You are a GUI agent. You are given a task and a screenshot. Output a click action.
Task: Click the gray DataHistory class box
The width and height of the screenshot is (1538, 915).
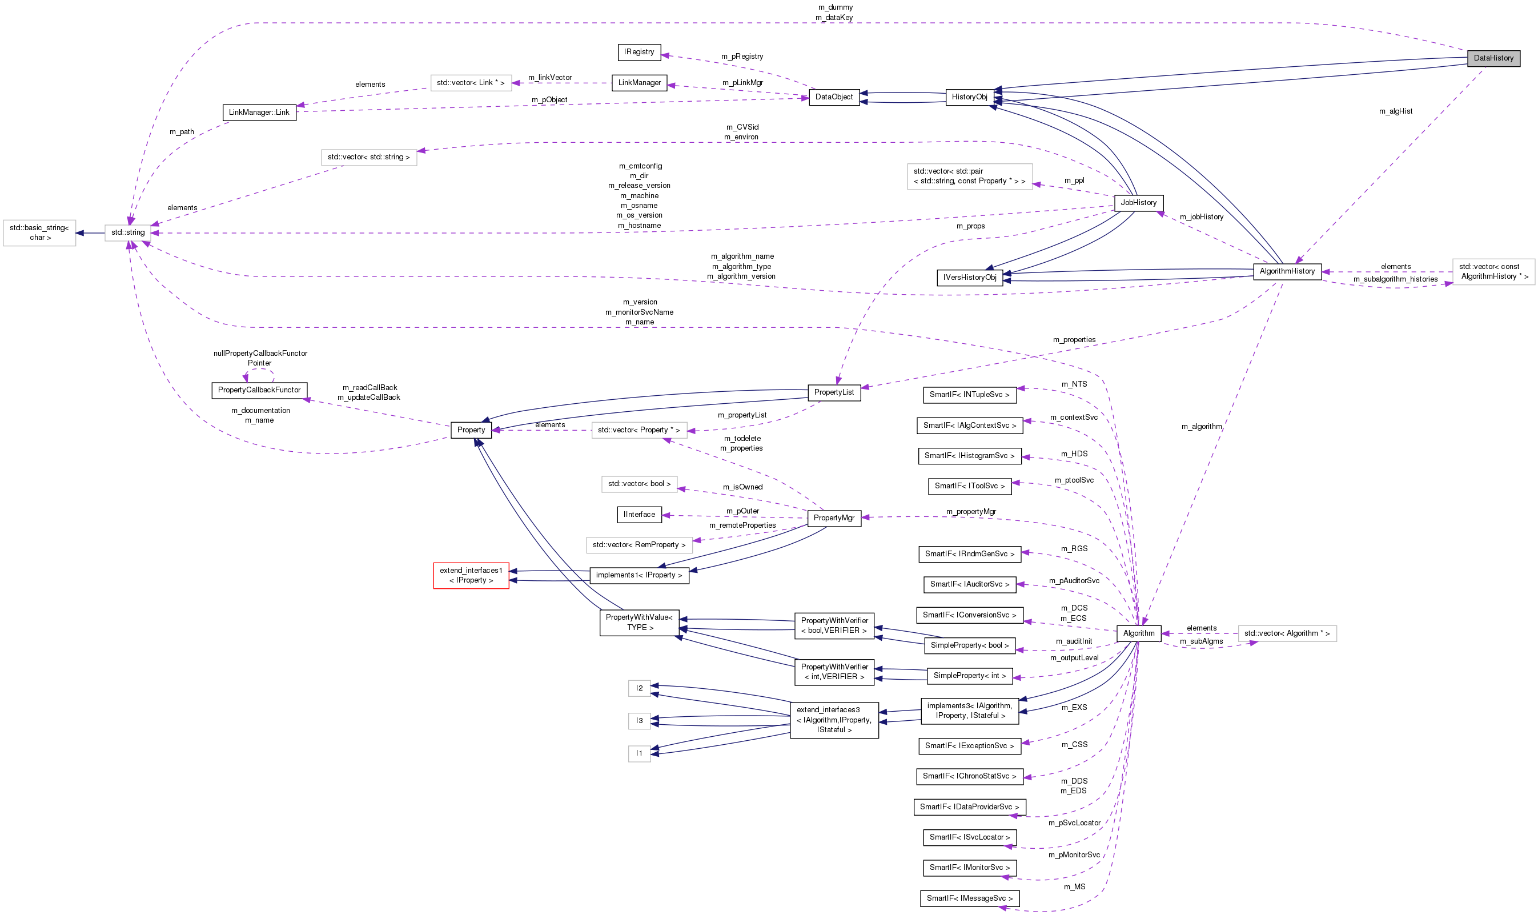[1493, 58]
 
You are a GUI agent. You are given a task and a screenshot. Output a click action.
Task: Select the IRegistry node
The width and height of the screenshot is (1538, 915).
[639, 52]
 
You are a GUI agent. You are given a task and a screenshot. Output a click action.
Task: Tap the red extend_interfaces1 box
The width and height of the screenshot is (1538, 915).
[471, 575]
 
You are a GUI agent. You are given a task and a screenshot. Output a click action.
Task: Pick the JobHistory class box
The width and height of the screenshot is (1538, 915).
[1138, 203]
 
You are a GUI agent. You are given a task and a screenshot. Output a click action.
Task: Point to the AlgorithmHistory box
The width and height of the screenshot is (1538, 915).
[1287, 271]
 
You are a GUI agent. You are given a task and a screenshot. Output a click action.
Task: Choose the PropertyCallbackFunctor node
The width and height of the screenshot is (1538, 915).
[259, 390]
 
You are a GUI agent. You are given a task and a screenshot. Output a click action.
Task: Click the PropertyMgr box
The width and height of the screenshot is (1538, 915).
[833, 518]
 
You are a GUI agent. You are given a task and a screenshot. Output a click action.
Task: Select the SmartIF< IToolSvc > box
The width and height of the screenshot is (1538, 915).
[969, 486]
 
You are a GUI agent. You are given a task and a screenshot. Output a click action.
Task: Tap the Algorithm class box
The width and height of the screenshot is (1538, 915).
[1138, 633]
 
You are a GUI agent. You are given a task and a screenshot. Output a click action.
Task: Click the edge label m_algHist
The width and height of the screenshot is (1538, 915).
[1396, 111]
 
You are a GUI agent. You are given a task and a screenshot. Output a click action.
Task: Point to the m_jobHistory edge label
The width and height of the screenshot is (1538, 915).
[1201, 217]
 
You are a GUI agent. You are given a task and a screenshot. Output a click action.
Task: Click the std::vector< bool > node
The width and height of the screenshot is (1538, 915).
[639, 484]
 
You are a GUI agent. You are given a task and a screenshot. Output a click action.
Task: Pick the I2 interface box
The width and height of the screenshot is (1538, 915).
[639, 688]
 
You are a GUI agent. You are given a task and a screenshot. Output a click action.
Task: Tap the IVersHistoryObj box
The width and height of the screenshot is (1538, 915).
[969, 278]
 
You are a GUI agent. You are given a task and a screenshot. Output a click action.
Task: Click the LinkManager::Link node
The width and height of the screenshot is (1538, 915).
[258, 112]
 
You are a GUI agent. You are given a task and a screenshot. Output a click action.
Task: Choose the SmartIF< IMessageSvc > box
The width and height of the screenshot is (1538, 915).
[969, 898]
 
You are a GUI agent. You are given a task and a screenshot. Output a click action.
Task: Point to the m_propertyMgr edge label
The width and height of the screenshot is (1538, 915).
[970, 512]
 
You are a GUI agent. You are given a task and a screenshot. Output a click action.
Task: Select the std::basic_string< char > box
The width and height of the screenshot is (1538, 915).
[39, 232]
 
